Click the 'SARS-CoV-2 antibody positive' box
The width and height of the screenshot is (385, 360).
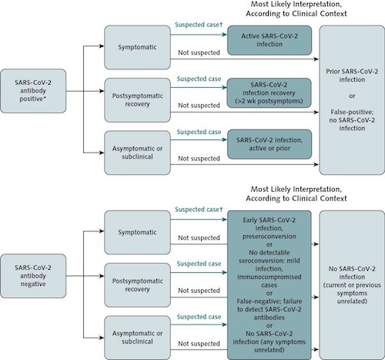tap(33, 91)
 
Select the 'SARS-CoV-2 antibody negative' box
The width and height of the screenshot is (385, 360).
tap(33, 276)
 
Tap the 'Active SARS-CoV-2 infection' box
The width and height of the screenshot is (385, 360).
tap(269, 40)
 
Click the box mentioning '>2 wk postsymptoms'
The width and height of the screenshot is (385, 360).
tap(269, 93)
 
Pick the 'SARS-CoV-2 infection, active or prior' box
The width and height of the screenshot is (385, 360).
tap(269, 144)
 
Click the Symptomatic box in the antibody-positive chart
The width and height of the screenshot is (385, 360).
tap(137, 47)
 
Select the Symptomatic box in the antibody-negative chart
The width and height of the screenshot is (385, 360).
tap(137, 232)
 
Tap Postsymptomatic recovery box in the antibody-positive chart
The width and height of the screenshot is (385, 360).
tap(137, 100)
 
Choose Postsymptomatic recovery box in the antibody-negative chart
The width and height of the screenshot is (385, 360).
tap(137, 285)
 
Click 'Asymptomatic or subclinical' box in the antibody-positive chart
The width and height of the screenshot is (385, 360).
tap(137, 153)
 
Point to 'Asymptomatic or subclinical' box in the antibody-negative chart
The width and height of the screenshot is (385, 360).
tap(137, 338)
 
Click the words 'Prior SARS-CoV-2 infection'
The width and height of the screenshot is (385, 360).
tap(352, 76)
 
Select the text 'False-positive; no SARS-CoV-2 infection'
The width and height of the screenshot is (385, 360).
tap(352, 120)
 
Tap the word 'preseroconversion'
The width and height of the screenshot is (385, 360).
tap(269, 237)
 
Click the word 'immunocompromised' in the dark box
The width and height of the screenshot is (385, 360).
tap(269, 277)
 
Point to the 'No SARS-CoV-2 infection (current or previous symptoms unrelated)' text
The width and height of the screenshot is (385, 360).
tap(352, 285)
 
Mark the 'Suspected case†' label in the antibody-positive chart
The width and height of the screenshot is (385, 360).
tap(199, 25)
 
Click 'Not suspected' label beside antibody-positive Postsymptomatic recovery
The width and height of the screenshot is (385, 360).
tap(199, 106)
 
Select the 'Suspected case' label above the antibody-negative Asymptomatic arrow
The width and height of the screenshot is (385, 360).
tap(199, 317)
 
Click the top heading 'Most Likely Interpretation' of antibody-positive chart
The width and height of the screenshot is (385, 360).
tap(296, 5)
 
